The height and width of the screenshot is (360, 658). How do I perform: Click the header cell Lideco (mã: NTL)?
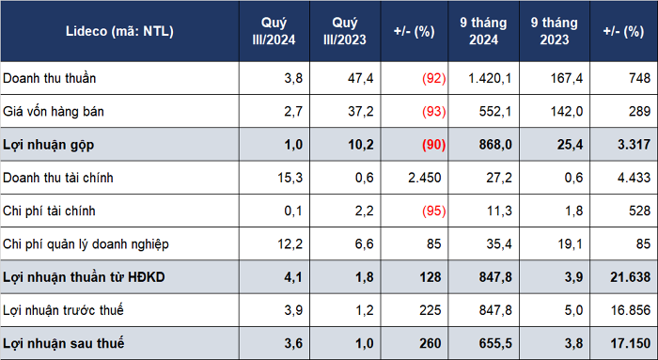[x=119, y=31]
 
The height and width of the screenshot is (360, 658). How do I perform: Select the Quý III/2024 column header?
[x=274, y=31]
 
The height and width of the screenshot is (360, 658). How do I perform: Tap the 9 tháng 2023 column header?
[x=554, y=31]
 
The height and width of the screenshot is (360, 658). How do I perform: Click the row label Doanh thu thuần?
[x=50, y=78]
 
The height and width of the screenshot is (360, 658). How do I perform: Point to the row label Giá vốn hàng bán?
[x=54, y=112]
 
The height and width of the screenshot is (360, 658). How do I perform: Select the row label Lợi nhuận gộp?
[x=48, y=145]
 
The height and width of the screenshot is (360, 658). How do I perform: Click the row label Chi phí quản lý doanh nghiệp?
[x=86, y=244]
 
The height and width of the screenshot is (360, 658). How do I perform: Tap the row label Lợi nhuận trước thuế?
[x=63, y=310]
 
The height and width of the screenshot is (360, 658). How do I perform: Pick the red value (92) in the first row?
[x=434, y=78]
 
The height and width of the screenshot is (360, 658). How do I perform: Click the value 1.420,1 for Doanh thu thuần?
[x=490, y=78]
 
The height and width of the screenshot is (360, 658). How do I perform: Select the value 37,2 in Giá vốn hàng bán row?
[x=360, y=112]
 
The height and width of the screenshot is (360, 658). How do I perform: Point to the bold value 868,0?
[x=495, y=145]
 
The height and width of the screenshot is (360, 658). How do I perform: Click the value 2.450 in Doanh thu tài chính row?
[x=424, y=178]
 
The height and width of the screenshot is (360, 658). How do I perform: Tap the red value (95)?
[x=434, y=211]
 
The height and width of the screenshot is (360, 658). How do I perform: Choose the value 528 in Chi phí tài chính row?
[x=639, y=211]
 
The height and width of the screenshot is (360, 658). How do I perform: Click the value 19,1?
[x=570, y=244]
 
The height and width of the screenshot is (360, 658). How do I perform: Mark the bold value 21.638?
[x=631, y=277]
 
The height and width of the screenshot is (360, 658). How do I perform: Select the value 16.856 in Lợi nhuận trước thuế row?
[x=631, y=310]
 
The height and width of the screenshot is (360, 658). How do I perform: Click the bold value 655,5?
[x=495, y=344]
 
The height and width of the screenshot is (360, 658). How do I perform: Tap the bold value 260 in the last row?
[x=431, y=344]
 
